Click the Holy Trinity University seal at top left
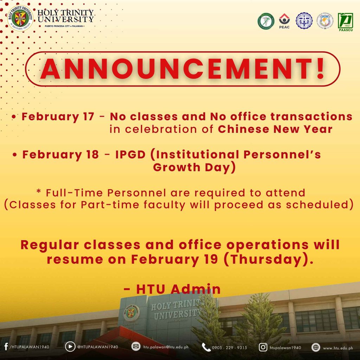pyautogui.click(x=21, y=20)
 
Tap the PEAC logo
pyautogui.click(x=284, y=21)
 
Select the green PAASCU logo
pyautogui.click(x=345, y=21)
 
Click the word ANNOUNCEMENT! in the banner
pyautogui.click(x=182, y=69)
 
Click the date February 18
pyautogui.click(x=60, y=155)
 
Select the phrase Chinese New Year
pyautogui.click(x=275, y=129)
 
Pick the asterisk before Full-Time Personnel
pyautogui.click(x=39, y=192)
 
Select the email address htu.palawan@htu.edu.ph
pyautogui.click(x=166, y=347)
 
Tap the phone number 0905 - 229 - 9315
pyautogui.click(x=229, y=347)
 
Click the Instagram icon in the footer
pyautogui.click(x=263, y=347)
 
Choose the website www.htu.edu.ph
pyautogui.click(x=338, y=348)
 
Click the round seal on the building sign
pyautogui.click(x=131, y=313)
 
